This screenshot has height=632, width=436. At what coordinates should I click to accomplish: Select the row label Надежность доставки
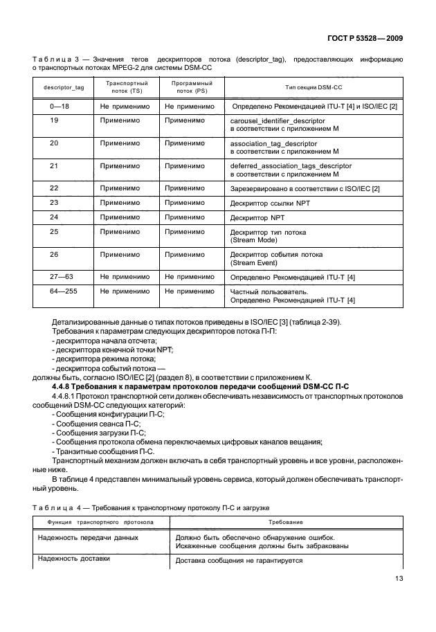74,559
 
